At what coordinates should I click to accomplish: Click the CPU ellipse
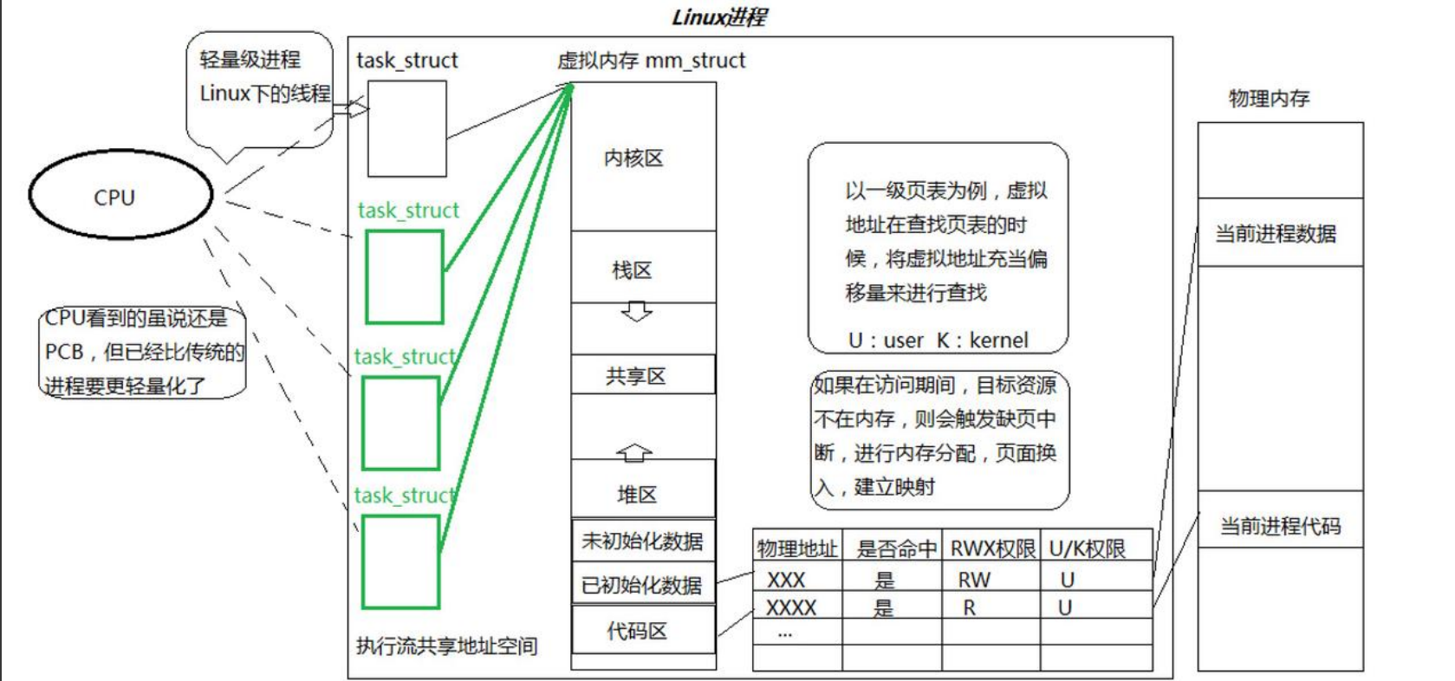(120, 196)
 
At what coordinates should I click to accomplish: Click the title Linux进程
(718, 17)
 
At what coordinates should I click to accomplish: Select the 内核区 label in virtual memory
(633, 158)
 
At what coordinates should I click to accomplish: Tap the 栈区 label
(632, 270)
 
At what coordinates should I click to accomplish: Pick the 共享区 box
(643, 375)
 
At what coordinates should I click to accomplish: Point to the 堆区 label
(637, 495)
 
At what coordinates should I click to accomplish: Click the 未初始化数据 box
(643, 541)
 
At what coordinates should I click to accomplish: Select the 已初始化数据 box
(643, 585)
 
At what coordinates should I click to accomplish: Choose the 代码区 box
(643, 630)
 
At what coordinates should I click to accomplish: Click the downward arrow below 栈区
(637, 311)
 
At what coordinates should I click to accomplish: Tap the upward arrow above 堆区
(634, 451)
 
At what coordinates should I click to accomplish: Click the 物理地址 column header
(797, 548)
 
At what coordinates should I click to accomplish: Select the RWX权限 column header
(992, 548)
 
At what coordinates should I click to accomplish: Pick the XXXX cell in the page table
(791, 607)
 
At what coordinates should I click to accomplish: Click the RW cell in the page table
(974, 580)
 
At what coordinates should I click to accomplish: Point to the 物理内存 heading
(1269, 99)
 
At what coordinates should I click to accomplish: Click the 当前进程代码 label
(1280, 526)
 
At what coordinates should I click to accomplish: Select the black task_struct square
(407, 128)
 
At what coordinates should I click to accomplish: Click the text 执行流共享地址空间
(446, 645)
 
